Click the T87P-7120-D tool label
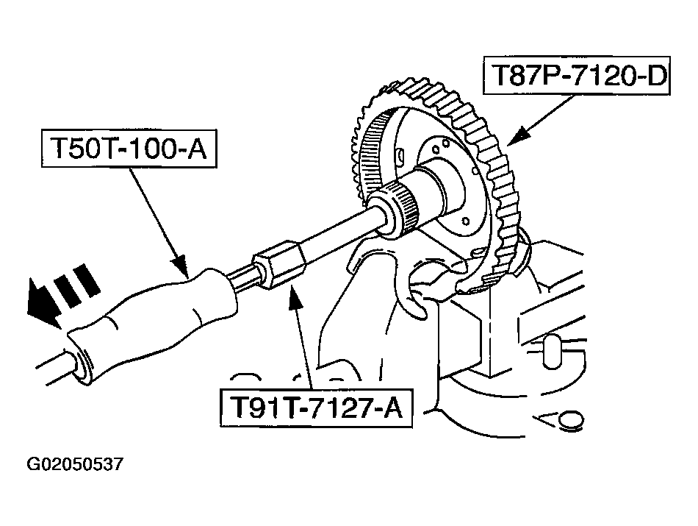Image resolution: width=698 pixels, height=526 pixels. [577, 75]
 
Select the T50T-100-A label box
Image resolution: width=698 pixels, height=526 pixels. [129, 149]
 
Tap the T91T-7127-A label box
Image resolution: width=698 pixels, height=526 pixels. [317, 408]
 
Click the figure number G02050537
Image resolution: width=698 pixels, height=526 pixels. [75, 464]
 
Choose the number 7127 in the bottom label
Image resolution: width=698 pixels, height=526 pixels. [338, 408]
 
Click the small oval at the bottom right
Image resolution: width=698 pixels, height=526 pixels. [571, 420]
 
